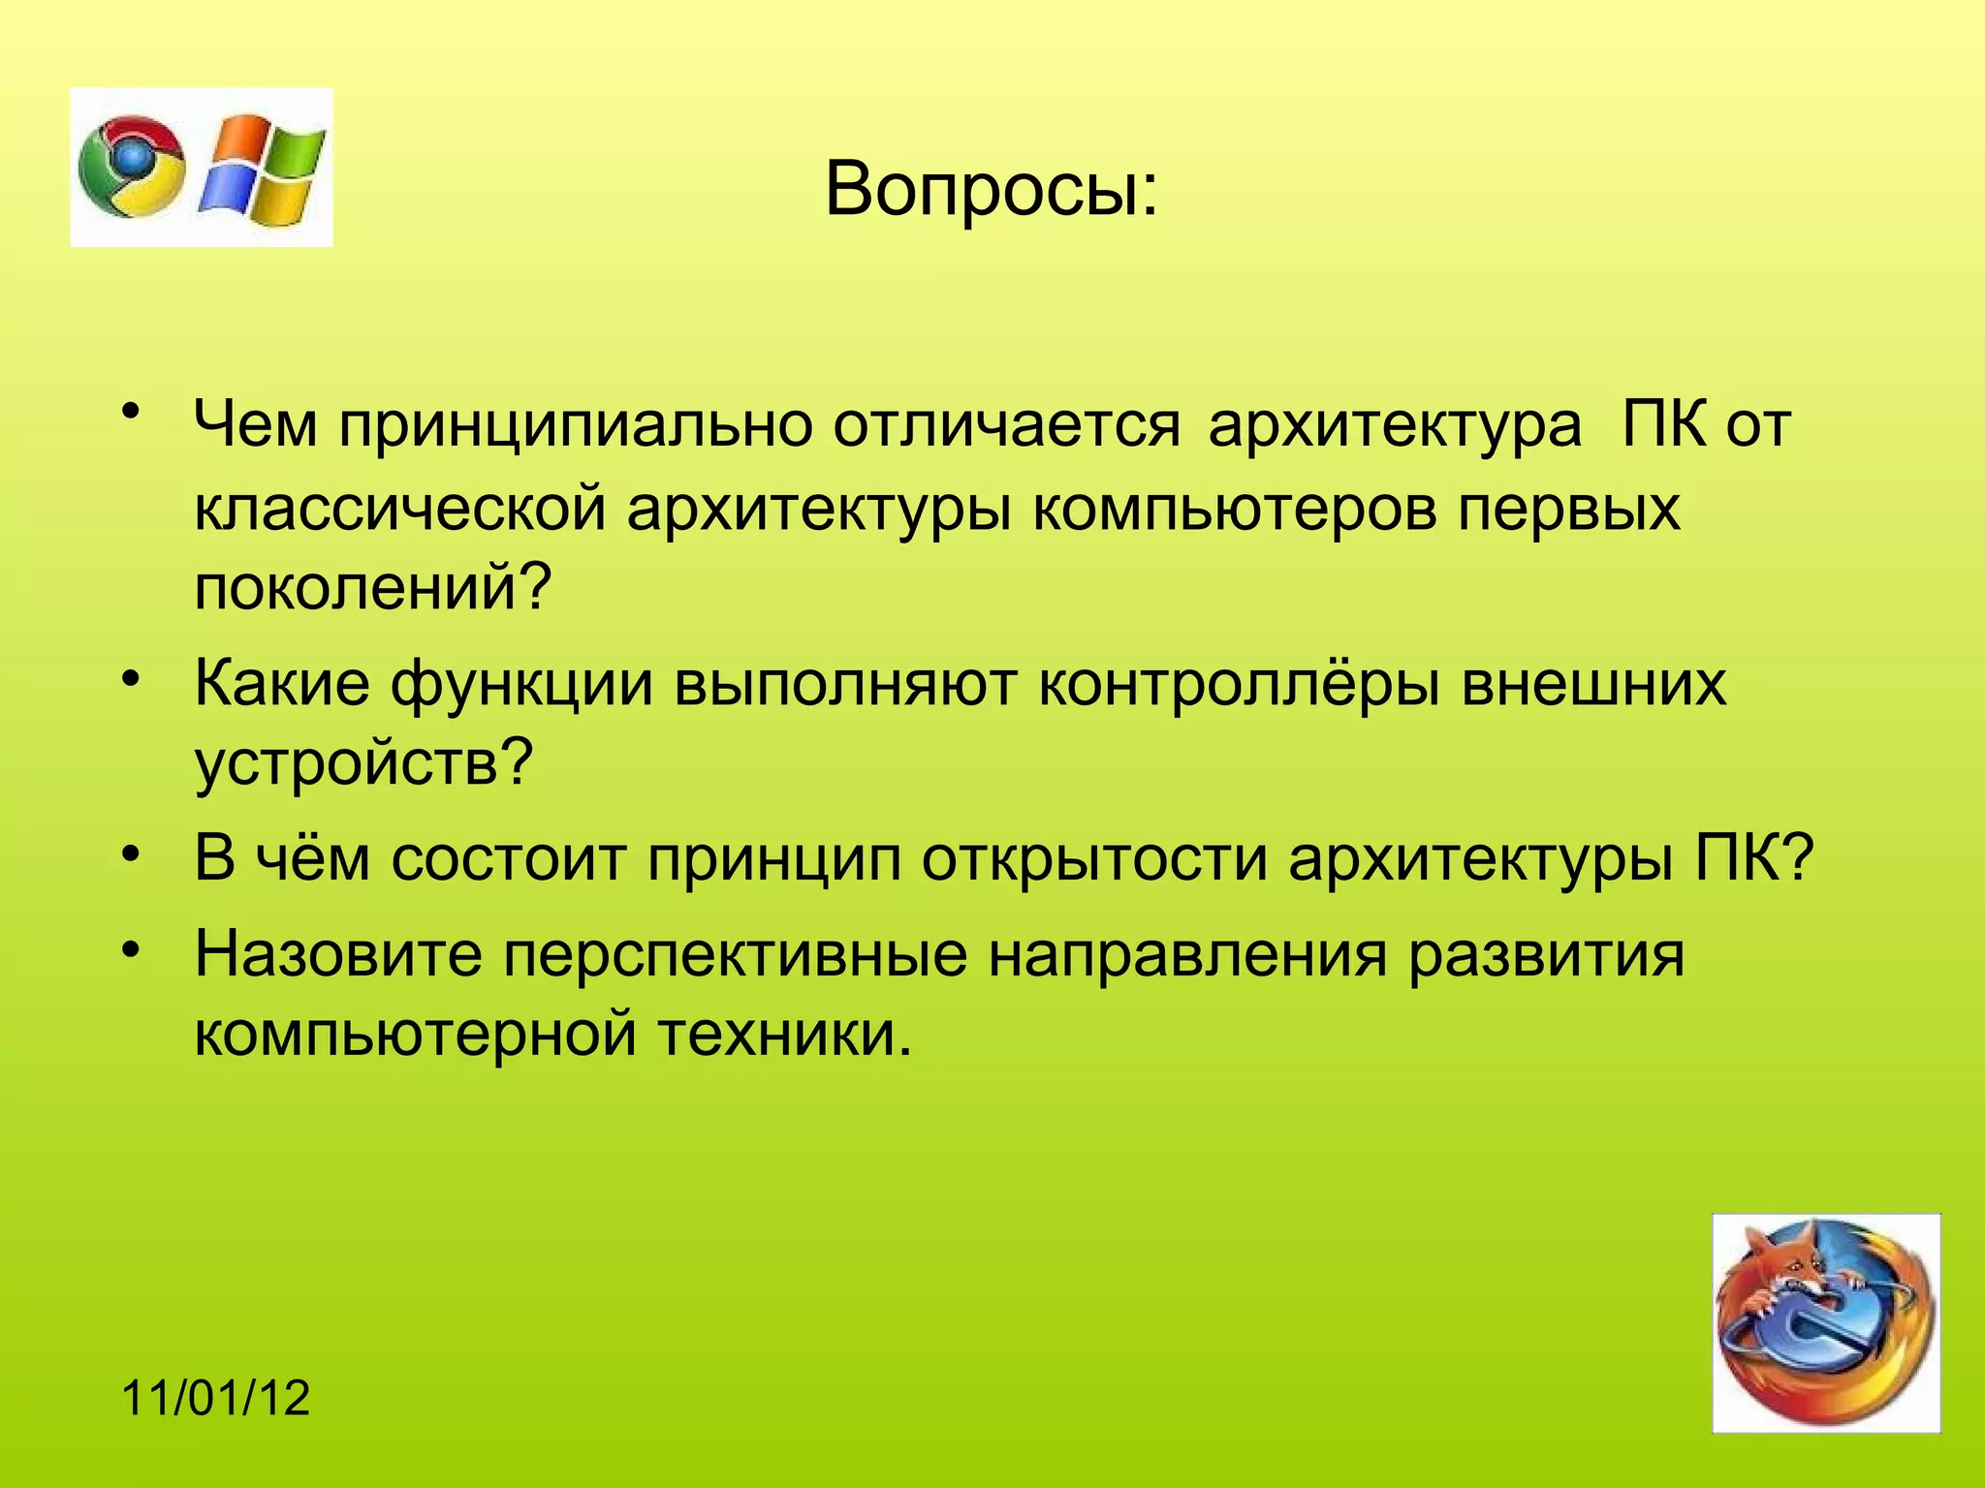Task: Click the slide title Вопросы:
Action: pos(991,189)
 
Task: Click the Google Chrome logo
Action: pos(132,167)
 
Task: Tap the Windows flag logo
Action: pos(263,167)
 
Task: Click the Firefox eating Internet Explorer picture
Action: pos(1825,1322)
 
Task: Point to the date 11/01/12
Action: pos(216,1398)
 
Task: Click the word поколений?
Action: pos(372,587)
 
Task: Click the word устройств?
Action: pos(364,764)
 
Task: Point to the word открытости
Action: pos(1094,858)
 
